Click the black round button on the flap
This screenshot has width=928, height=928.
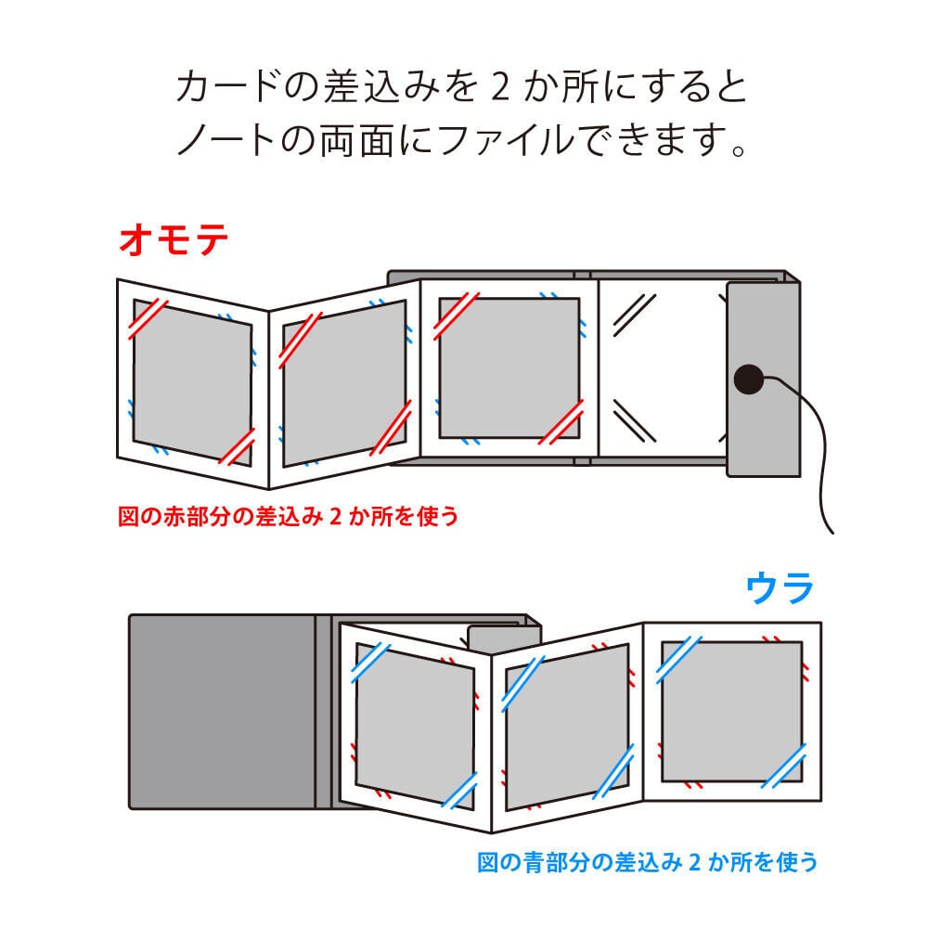point(747,379)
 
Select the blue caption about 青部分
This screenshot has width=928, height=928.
point(648,863)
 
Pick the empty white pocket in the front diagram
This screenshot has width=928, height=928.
point(661,367)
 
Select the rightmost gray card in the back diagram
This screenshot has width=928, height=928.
point(730,712)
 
